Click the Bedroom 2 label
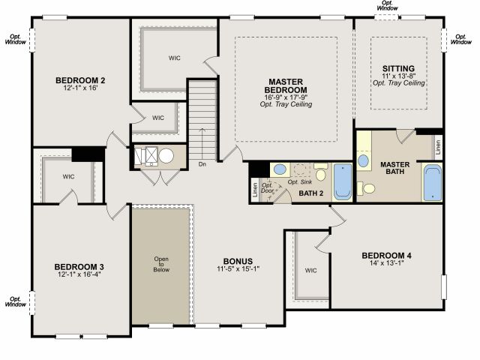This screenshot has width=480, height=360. point(80,80)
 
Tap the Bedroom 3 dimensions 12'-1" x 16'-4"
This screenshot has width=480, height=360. point(79,274)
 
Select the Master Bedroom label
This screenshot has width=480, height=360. point(286,86)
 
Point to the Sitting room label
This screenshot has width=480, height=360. point(398,68)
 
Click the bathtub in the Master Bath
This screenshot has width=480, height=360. point(433,183)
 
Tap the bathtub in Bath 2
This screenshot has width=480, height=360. point(343,181)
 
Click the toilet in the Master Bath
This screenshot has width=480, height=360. point(366,188)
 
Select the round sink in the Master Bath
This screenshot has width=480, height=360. point(363,160)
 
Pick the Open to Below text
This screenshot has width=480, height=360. point(161,264)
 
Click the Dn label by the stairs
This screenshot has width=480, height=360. point(202,164)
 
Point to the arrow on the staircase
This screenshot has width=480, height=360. point(202,143)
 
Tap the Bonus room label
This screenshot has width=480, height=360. point(238,262)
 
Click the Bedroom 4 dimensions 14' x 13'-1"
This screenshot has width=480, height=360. point(387,263)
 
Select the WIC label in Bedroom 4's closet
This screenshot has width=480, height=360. point(310,271)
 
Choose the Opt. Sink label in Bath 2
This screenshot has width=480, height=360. point(300,182)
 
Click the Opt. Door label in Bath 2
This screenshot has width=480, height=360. point(267,188)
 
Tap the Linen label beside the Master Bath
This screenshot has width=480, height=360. point(438,147)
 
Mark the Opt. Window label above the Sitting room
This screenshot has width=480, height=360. point(388,5)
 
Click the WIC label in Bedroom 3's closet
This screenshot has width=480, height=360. point(68,177)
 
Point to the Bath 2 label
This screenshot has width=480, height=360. point(311,193)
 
